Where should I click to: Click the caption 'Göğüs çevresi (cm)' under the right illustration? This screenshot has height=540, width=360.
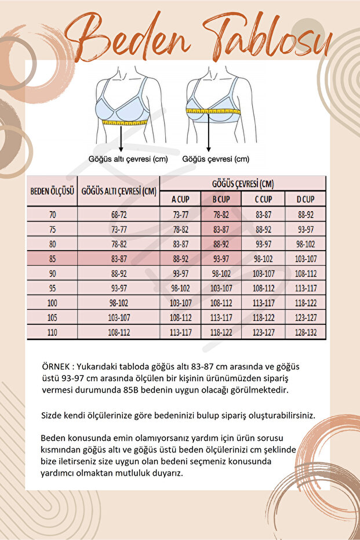[216, 159]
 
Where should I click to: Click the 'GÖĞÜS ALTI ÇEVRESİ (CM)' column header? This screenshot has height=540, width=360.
[119, 191]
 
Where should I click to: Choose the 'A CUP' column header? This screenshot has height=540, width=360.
[180, 199]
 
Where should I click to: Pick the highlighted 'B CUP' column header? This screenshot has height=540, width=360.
[221, 199]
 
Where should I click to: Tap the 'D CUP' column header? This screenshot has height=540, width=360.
[306, 199]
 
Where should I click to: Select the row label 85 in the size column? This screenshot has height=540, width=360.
[53, 259]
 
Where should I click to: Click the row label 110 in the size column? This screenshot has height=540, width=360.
[53, 332]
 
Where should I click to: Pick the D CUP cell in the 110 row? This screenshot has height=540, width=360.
[306, 332]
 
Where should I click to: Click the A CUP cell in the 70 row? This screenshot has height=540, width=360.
[180, 215]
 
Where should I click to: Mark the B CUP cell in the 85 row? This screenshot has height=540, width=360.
[221, 259]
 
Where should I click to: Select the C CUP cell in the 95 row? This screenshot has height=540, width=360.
[264, 288]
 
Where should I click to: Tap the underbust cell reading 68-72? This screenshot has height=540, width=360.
[119, 215]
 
